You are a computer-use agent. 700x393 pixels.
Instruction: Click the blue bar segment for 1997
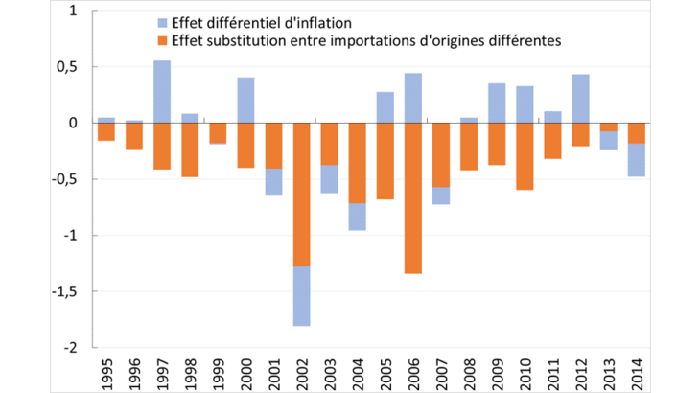[162, 92]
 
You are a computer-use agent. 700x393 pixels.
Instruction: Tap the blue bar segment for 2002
[301, 296]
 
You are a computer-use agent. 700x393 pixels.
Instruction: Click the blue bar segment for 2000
[245, 101]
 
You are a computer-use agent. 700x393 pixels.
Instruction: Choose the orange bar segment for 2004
[357, 163]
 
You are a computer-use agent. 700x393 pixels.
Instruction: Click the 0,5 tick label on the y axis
[72, 67]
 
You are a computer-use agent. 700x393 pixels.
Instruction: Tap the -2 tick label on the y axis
[76, 348]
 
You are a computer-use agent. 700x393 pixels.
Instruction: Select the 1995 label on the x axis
[106, 369]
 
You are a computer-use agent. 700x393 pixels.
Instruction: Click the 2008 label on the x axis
[469, 369]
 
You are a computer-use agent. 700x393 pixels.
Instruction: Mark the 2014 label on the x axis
[637, 369]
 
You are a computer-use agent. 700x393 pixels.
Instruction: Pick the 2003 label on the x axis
[329, 369]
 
